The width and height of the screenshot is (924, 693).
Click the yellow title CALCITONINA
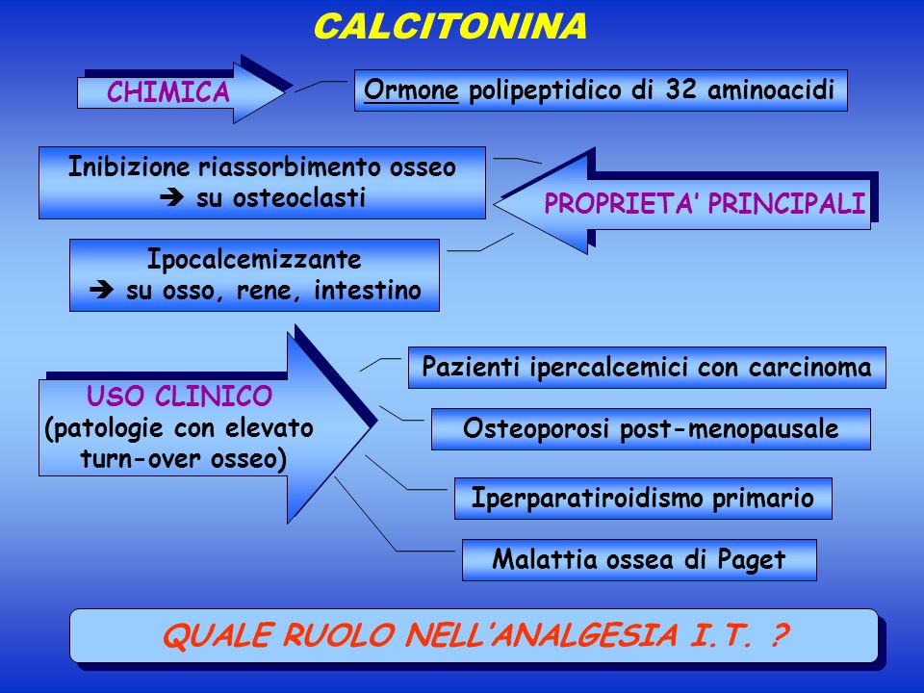tap(449, 27)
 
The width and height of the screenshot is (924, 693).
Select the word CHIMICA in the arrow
tap(167, 92)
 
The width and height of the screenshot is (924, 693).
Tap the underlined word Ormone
tap(411, 90)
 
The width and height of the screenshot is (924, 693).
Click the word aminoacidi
tap(771, 90)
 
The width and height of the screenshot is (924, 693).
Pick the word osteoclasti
tap(281, 197)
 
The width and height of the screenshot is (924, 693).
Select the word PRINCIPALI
tap(786, 203)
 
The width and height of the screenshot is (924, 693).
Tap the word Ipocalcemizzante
tap(254, 260)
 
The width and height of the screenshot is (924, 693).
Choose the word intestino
tap(368, 290)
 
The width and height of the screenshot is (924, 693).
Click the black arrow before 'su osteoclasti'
tap(172, 197)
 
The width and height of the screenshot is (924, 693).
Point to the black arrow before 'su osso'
tap(102, 290)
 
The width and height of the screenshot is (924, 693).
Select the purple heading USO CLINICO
tap(179, 396)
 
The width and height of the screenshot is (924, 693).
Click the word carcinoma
tap(809, 367)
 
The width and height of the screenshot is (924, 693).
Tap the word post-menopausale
tap(729, 429)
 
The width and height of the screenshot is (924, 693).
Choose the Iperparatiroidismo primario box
tap(643, 499)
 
